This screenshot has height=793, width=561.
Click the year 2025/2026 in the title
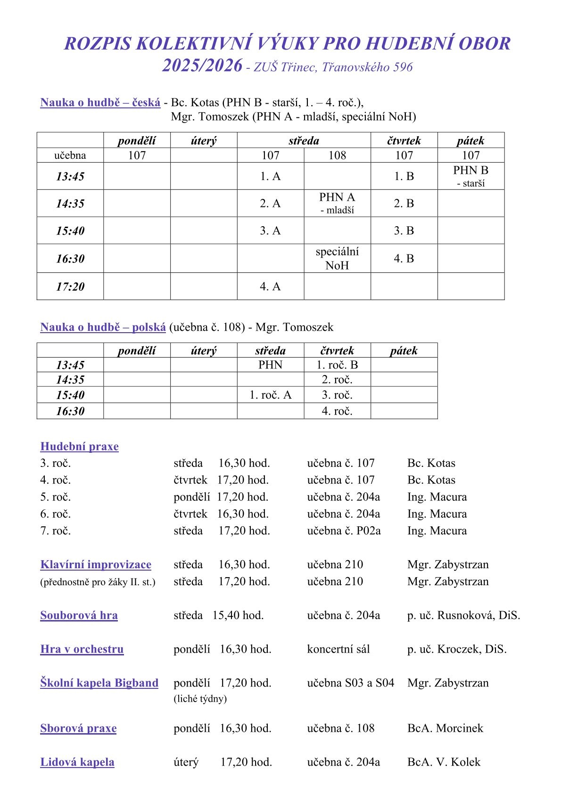(202, 66)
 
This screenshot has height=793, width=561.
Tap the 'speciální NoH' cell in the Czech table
(337, 258)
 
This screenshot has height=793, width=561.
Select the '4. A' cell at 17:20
(270, 286)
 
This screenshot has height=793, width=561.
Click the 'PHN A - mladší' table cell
(337, 203)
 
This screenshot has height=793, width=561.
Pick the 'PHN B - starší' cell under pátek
(470, 176)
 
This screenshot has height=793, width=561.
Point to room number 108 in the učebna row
(337, 155)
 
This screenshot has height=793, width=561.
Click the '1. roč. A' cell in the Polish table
(270, 395)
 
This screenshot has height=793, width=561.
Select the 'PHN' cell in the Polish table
(270, 365)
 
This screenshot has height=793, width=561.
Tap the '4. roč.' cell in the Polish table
(337, 411)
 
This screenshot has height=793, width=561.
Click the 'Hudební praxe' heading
(79, 447)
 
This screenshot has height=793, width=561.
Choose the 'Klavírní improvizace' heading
(96, 564)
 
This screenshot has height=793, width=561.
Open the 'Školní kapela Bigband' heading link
(99, 683)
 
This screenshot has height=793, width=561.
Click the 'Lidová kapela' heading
(77, 762)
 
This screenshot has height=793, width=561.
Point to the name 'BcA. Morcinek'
(445, 728)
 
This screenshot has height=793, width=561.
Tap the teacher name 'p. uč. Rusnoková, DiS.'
(463, 615)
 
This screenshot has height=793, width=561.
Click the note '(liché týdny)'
(200, 698)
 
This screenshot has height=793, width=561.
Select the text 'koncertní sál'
(338, 649)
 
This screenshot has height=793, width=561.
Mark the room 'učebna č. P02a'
(344, 531)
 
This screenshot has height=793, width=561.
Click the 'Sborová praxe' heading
(78, 728)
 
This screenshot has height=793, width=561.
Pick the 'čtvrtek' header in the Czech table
(404, 140)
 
